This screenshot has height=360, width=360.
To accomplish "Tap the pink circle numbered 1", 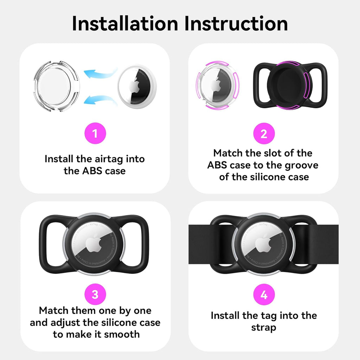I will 95,133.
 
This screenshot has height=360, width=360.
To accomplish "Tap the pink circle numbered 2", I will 264,133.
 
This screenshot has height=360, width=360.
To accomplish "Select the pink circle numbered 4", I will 264,295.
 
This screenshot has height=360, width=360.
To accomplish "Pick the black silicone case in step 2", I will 290,85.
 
